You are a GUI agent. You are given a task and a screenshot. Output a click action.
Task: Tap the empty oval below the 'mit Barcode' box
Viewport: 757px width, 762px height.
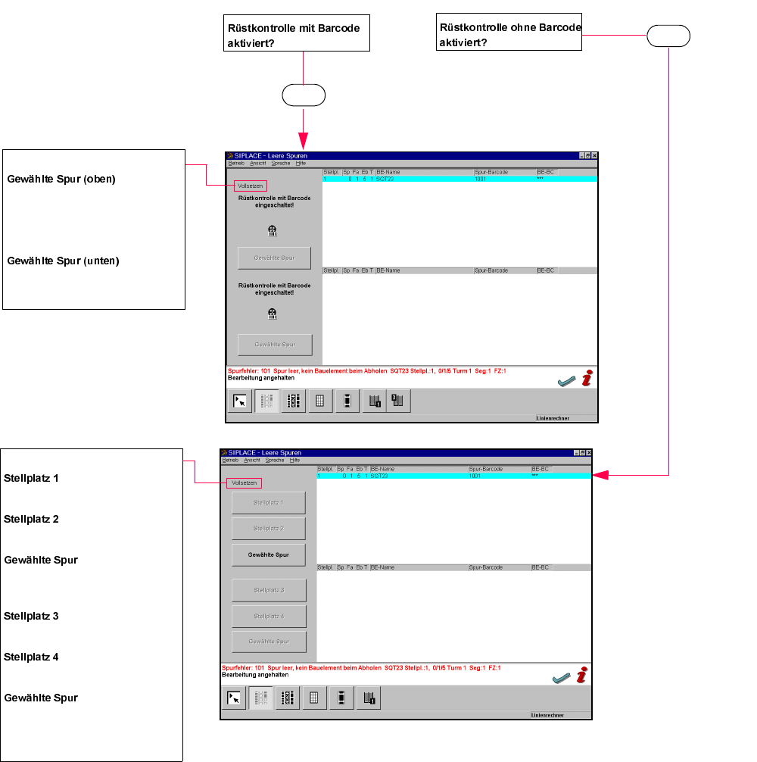(303, 95)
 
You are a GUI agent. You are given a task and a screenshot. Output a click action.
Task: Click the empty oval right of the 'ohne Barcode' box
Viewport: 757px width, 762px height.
(668, 36)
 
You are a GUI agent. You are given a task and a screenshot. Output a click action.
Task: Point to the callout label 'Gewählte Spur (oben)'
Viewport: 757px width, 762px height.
(61, 180)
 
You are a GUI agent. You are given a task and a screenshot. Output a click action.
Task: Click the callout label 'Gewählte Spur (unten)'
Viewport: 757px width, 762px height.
(64, 261)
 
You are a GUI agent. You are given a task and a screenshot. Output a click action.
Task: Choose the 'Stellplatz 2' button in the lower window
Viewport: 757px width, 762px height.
(269, 529)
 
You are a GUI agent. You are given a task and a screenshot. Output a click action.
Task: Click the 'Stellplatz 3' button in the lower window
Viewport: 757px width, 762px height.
(269, 590)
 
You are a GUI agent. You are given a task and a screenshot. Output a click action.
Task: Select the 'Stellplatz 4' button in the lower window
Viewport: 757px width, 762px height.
(269, 616)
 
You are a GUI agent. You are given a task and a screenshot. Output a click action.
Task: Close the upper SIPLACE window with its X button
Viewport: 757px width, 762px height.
(595, 155)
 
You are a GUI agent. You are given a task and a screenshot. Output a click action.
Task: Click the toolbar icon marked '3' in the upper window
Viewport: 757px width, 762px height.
(398, 401)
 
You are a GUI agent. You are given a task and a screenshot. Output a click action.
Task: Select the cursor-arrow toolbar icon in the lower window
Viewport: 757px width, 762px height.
(235, 699)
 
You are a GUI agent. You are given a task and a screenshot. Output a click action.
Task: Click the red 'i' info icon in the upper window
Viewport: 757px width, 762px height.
(587, 379)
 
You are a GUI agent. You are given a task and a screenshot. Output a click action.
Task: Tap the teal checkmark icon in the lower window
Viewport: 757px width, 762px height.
(560, 679)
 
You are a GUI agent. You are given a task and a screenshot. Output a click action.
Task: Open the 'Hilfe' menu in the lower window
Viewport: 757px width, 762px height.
(294, 461)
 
